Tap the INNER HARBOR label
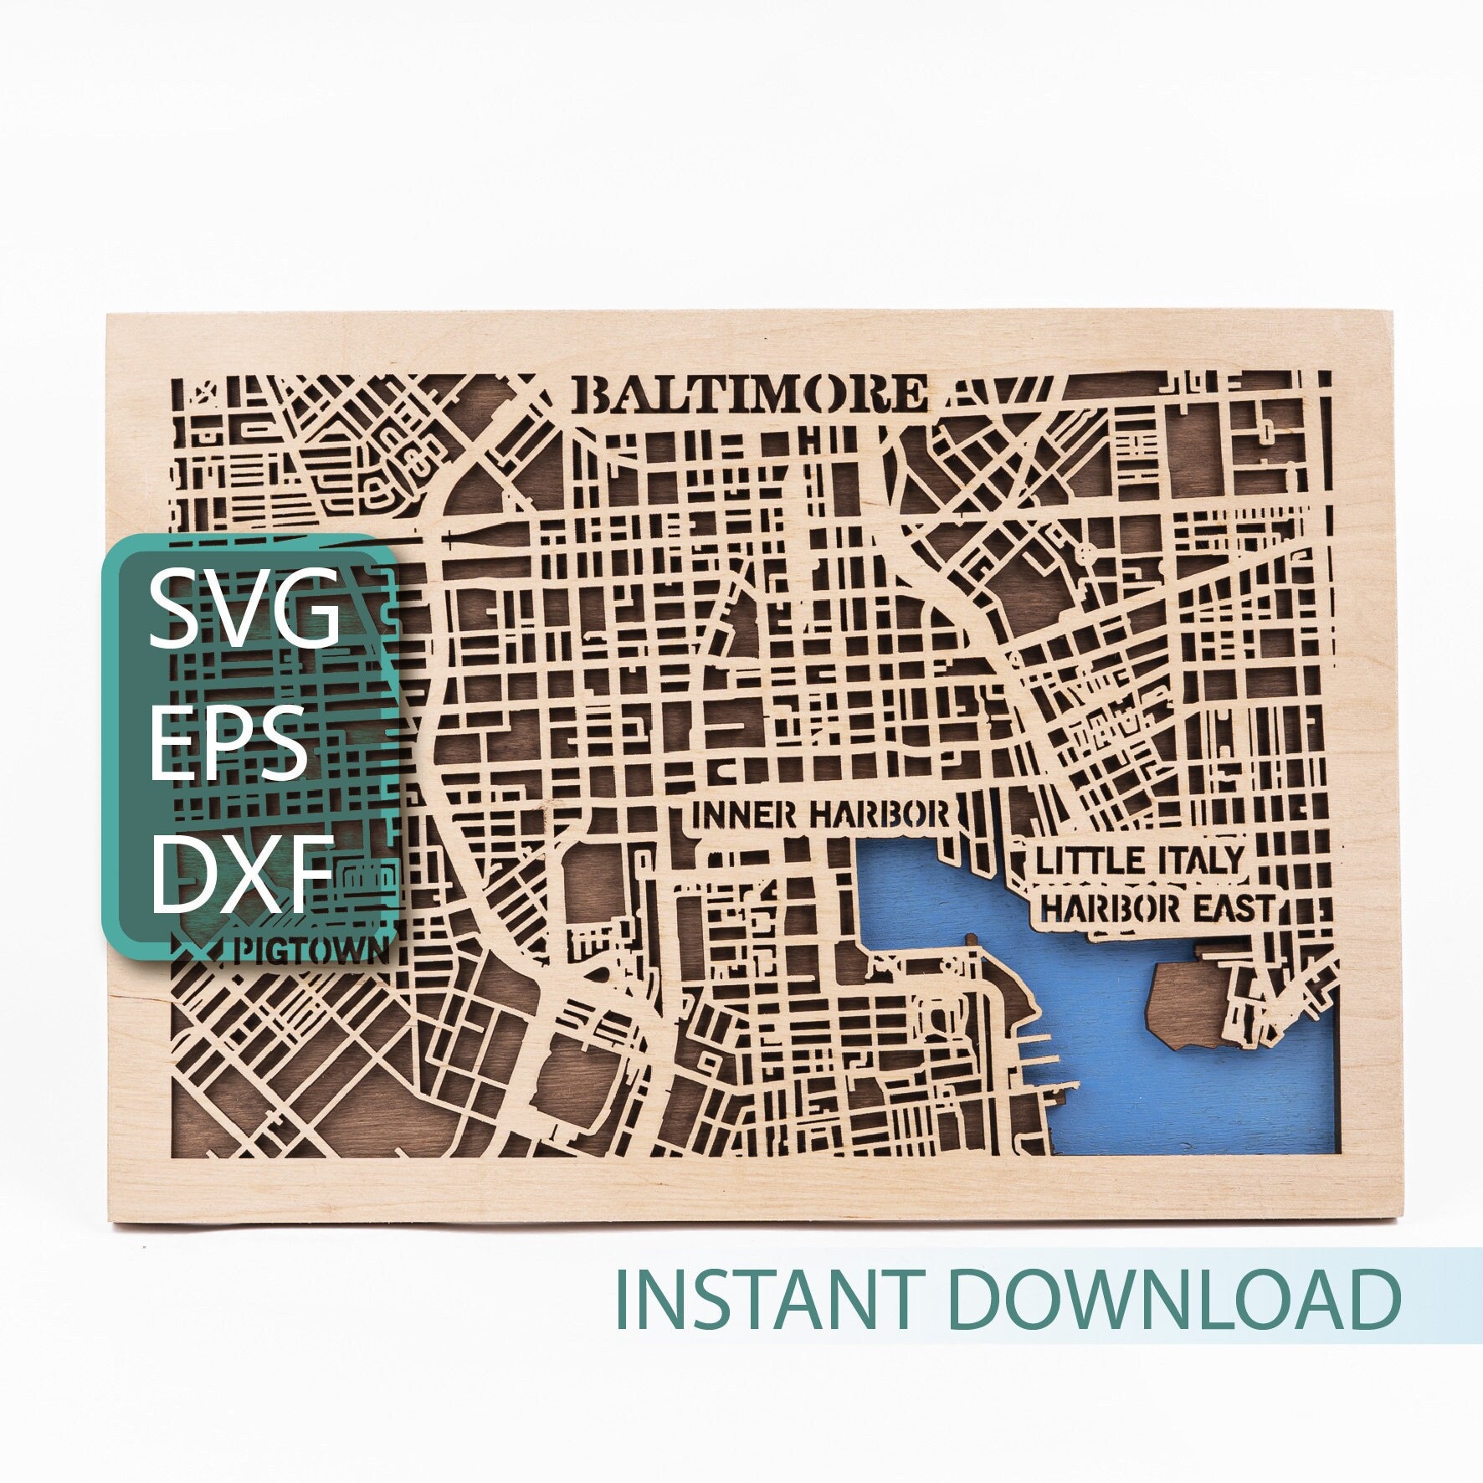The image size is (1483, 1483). click(821, 813)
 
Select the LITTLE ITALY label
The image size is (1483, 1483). click(1139, 860)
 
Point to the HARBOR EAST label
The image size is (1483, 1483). click(1157, 907)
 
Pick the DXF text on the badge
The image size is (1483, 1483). click(243, 873)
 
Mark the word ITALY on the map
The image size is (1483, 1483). click(1199, 860)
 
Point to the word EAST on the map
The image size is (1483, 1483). click(1233, 907)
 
